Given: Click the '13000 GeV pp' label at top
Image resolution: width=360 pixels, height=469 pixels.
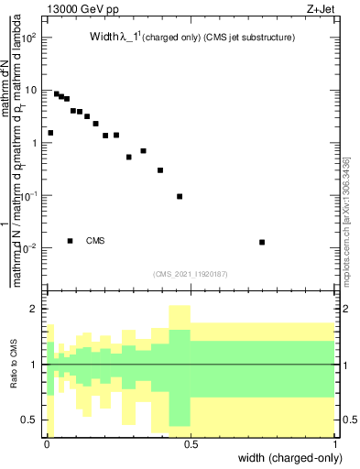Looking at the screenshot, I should point(82,9).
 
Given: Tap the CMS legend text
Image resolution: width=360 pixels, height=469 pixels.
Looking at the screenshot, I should point(95,241).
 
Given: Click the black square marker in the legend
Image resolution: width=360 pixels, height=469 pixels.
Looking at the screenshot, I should point(70,241).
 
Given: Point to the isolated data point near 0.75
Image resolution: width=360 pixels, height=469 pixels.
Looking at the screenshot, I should point(262,242).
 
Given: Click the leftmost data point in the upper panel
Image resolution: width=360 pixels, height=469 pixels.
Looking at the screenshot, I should point(50,133).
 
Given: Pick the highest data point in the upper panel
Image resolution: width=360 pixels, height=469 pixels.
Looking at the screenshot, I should point(57,93).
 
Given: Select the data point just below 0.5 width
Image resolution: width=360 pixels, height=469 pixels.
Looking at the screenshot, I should point(180,196).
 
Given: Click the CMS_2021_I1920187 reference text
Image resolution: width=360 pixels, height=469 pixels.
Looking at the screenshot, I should point(190,274).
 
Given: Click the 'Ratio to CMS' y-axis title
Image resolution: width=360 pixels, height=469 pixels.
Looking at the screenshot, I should point(14,364).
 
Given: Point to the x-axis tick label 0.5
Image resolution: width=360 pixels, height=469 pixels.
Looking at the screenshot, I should point(191,443).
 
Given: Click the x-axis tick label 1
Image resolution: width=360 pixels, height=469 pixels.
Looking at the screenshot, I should point(335,443).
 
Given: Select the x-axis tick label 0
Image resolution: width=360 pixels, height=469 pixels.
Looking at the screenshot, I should point(46,443).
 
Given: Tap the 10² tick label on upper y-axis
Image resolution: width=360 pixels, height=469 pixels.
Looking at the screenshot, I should point(31,38).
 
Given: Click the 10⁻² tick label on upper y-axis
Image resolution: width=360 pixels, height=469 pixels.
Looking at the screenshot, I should point(31,248).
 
